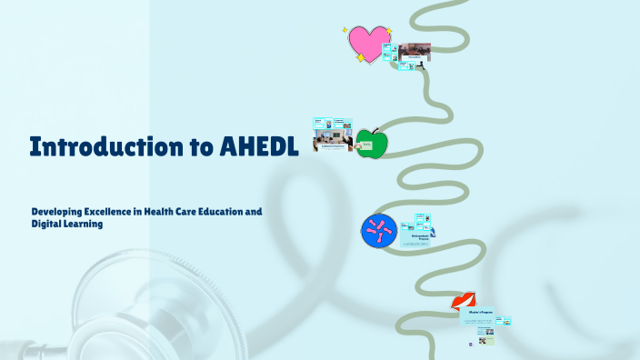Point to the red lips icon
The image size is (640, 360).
(464, 303)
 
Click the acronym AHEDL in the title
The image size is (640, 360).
(259, 147)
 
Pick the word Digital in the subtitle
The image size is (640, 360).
(45, 224)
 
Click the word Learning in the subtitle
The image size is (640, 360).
(84, 224)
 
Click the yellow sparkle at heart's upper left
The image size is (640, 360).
(345, 30)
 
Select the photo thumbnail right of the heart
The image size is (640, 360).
(415, 51)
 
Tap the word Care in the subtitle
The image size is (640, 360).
(205, 212)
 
